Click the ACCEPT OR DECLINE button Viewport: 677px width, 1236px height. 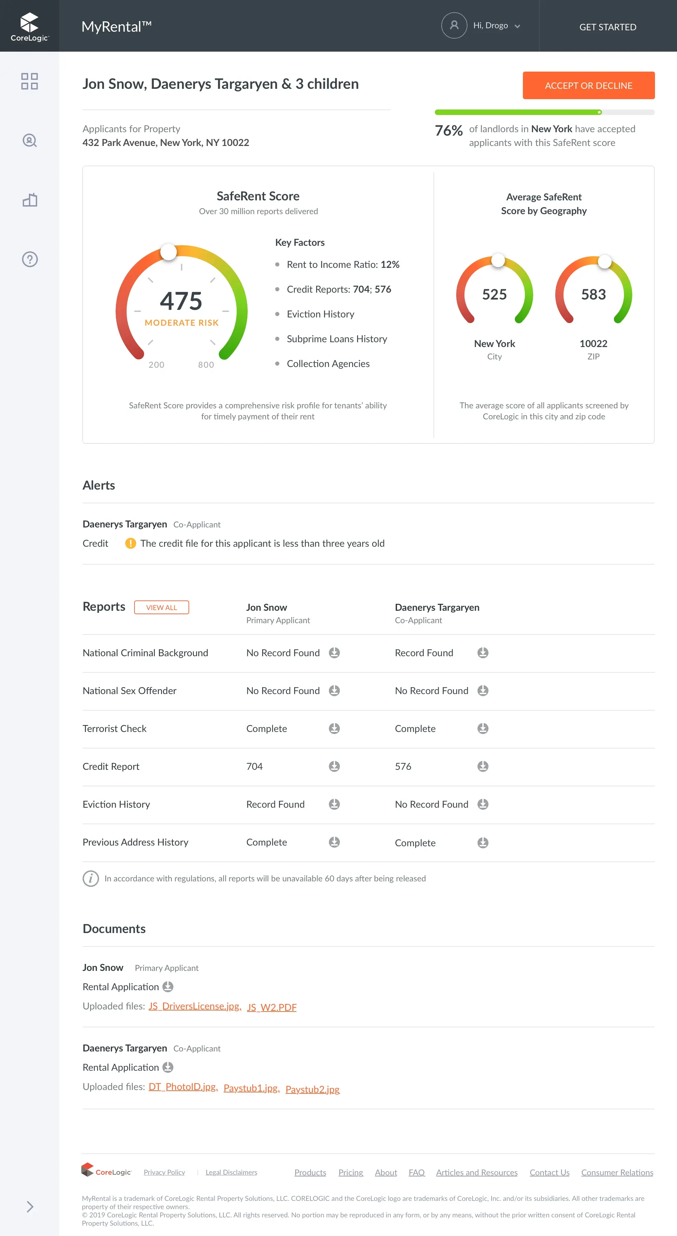[588, 85]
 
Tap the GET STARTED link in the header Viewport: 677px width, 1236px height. [608, 27]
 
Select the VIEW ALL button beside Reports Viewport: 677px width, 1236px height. [161, 607]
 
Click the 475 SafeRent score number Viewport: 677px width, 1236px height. [181, 301]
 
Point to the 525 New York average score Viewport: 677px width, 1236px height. [494, 294]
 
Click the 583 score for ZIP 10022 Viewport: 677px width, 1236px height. [593, 294]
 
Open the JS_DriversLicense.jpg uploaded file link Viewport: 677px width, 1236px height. [194, 1006]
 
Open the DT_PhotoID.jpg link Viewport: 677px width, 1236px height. [183, 1087]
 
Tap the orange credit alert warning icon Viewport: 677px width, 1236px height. [130, 543]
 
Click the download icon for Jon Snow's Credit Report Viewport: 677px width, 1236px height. [334, 766]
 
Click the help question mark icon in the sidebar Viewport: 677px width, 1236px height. [30, 259]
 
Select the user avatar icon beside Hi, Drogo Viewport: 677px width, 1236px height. [454, 25]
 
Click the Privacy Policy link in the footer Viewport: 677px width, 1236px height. [164, 1172]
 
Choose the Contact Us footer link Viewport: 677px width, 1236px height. [549, 1172]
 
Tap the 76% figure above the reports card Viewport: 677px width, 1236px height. [448, 130]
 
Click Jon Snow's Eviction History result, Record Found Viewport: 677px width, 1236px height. [275, 804]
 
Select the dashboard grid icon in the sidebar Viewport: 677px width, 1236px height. [29, 81]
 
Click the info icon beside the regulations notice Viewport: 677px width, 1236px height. [90, 879]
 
